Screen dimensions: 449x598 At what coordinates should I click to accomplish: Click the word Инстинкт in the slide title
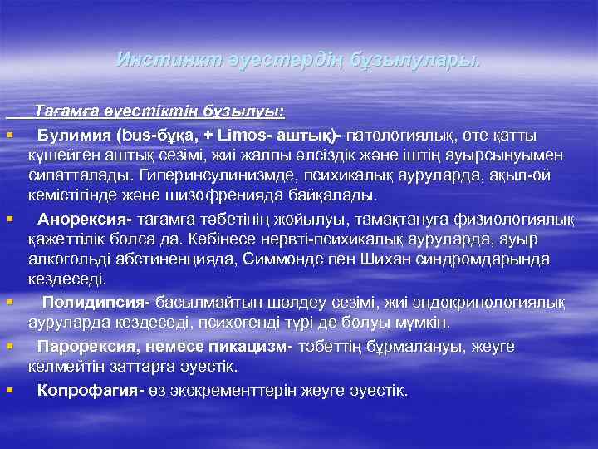pyautogui.click(x=155, y=60)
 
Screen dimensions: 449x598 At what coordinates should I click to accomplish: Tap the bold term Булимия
pyautogui.click(x=75, y=134)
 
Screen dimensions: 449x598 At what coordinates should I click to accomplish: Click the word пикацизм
pyautogui.click(x=241, y=345)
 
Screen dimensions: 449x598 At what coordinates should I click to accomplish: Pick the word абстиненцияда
pyautogui.click(x=173, y=260)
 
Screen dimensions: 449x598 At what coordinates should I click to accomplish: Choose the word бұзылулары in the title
pyautogui.click(x=427, y=60)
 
